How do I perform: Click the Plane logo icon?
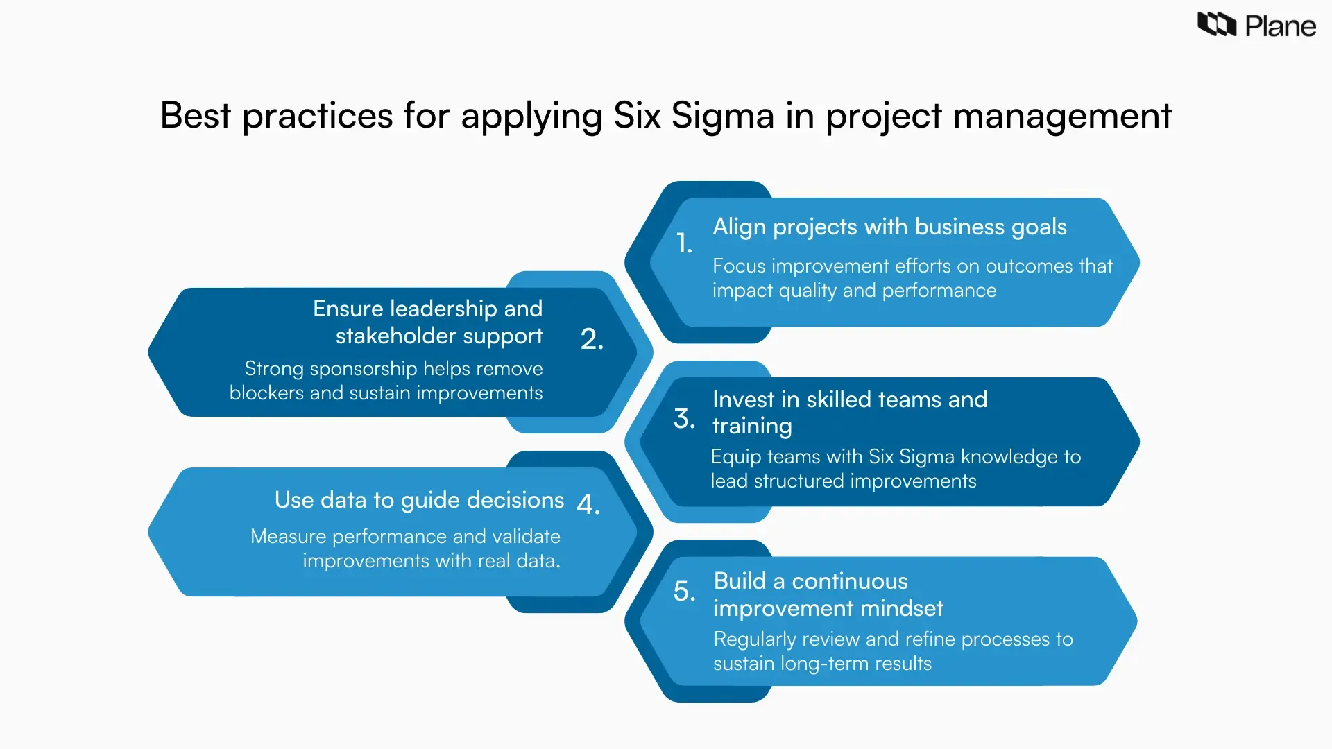(x=1217, y=25)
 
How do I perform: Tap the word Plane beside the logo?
(x=1281, y=27)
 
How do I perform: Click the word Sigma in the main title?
(x=722, y=116)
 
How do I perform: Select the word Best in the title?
(x=195, y=115)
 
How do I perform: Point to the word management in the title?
(x=1062, y=116)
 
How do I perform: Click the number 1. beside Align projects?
(x=684, y=243)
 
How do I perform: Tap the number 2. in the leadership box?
(x=592, y=339)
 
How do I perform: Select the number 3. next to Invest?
(x=684, y=418)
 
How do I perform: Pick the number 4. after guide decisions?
(x=588, y=504)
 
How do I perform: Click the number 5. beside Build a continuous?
(x=684, y=591)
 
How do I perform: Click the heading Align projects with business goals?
(x=889, y=227)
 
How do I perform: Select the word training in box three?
(x=752, y=426)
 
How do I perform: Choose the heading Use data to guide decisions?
(x=419, y=500)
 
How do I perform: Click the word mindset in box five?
(x=909, y=608)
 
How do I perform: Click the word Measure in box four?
(x=288, y=537)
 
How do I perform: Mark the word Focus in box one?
(x=739, y=266)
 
